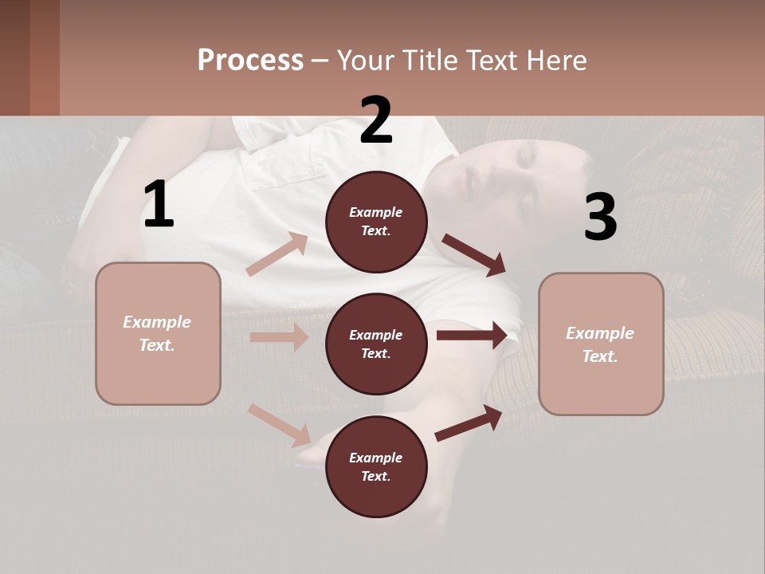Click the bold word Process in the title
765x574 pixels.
[x=250, y=60]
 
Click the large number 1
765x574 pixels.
[x=159, y=205]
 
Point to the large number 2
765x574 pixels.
[x=376, y=120]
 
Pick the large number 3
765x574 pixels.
[x=600, y=217]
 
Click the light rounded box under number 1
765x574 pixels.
[x=158, y=333]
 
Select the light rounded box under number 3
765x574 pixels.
[x=601, y=344]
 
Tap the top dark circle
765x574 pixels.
[x=376, y=222]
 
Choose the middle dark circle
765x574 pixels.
[x=376, y=344]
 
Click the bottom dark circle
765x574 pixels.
[x=376, y=466]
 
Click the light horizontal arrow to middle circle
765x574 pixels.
[x=279, y=337]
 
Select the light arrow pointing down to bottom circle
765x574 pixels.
[x=280, y=425]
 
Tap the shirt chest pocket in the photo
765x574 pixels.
[x=287, y=163]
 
